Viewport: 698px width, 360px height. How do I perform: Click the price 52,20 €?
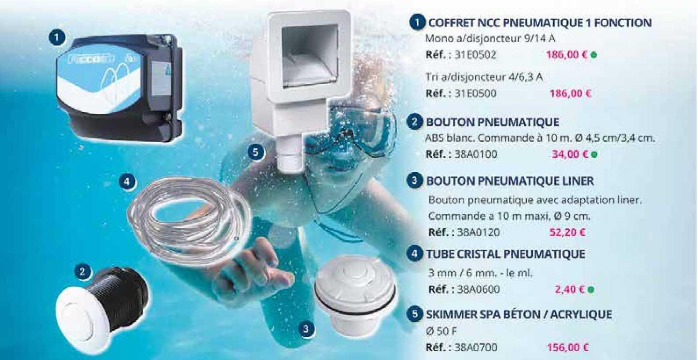pyautogui.click(x=567, y=232)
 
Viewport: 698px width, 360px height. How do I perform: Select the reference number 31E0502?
pyautogui.click(x=475, y=55)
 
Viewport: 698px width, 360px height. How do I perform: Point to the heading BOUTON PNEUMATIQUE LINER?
pyautogui.click(x=510, y=181)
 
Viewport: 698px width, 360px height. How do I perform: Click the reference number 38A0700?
pyautogui.click(x=475, y=347)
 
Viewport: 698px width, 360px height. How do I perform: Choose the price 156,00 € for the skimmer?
pyautogui.click(x=567, y=347)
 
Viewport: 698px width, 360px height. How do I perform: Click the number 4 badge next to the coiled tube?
pyautogui.click(x=126, y=182)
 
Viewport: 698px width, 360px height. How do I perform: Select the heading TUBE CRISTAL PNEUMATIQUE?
pyautogui.click(x=505, y=254)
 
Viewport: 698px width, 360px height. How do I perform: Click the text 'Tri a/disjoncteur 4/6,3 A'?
pyautogui.click(x=481, y=77)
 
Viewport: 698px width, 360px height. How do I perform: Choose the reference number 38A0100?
pyautogui.click(x=475, y=155)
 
